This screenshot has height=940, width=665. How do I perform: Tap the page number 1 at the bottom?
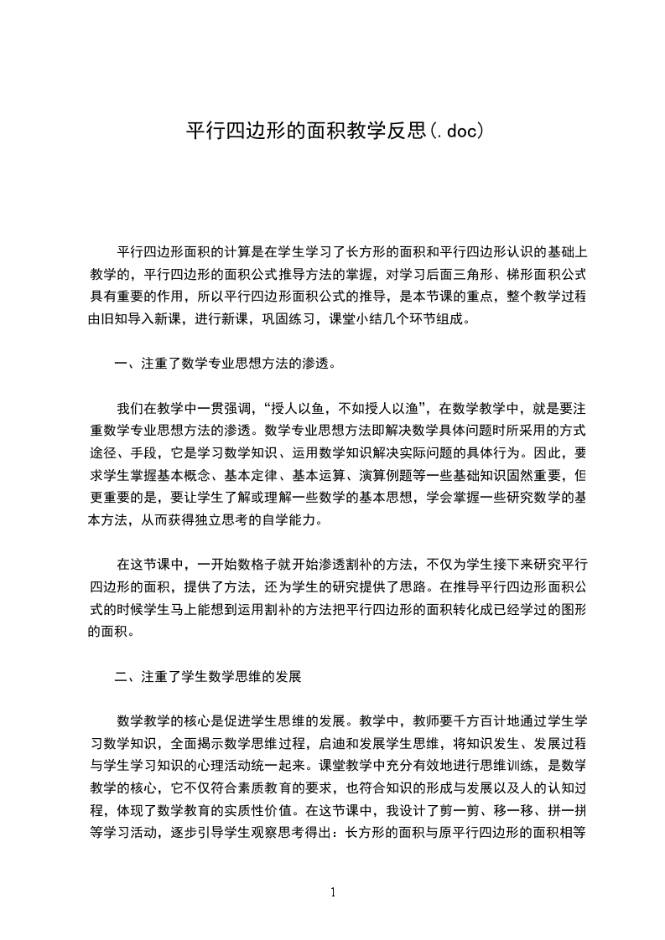pyautogui.click(x=333, y=892)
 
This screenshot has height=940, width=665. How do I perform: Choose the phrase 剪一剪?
pyautogui.click(x=505, y=810)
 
